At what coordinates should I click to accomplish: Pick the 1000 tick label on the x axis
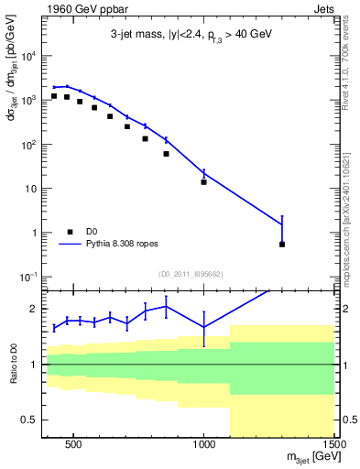204,446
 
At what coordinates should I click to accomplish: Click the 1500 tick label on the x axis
334,446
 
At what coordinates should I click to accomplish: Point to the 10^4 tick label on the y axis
28,56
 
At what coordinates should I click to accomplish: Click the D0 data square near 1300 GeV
282,245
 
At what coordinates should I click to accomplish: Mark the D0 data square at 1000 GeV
204,181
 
